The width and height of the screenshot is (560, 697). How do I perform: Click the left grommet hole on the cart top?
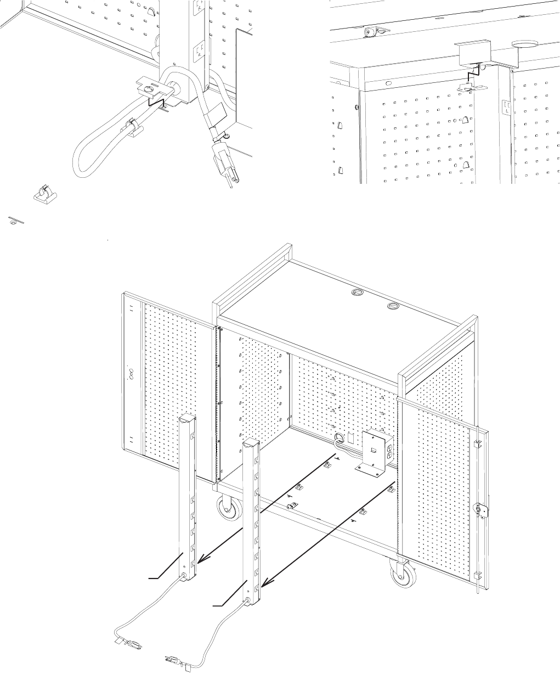pyautogui.click(x=358, y=293)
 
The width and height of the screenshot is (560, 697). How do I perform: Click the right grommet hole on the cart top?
pyautogui.click(x=393, y=306)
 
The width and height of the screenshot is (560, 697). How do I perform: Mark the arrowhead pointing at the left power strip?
pyautogui.click(x=201, y=560)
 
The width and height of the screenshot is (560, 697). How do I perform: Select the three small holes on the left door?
pyautogui.click(x=131, y=374)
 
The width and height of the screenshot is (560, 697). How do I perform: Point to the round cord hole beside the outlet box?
pyautogui.click(x=339, y=439)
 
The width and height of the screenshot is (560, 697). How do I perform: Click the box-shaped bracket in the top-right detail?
pyautogui.click(x=472, y=54)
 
